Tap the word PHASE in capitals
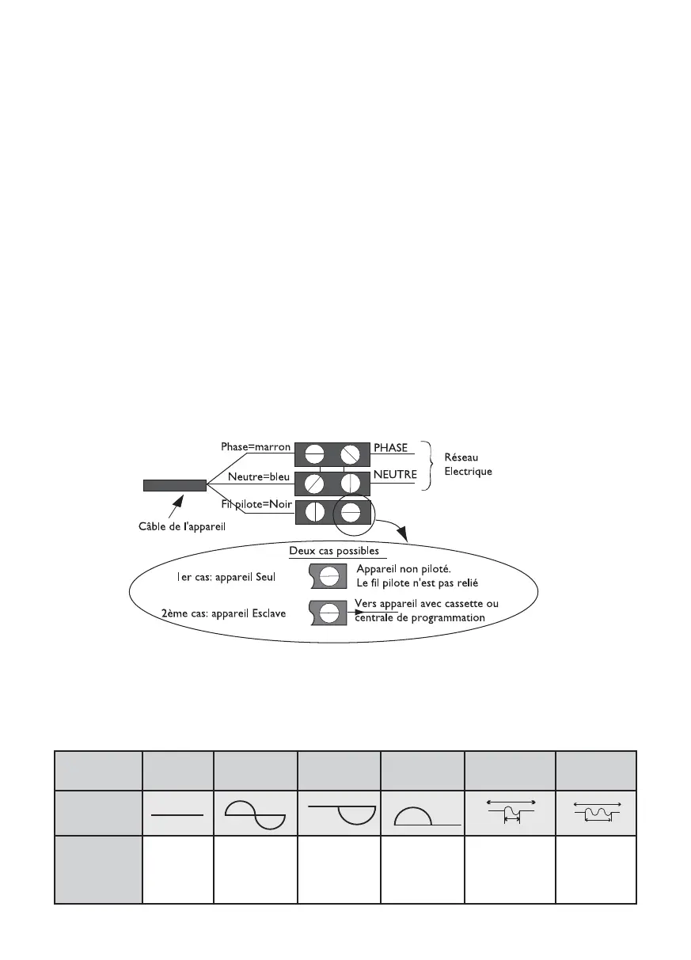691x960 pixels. point(390,447)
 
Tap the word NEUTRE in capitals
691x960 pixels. point(395,476)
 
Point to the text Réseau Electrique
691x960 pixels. point(467,465)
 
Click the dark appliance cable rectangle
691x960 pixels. point(175,485)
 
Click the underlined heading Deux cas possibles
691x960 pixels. point(333,551)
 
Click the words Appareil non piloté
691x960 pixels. point(404,569)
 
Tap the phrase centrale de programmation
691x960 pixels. point(420,617)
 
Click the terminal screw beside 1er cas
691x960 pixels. point(329,575)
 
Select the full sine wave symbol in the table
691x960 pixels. point(255,814)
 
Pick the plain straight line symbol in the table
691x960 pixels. point(177,813)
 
